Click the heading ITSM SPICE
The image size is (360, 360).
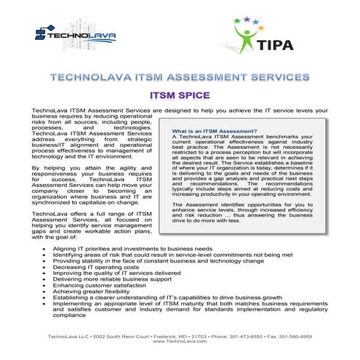(x=179, y=95)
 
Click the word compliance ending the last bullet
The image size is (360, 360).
(x=69, y=316)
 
